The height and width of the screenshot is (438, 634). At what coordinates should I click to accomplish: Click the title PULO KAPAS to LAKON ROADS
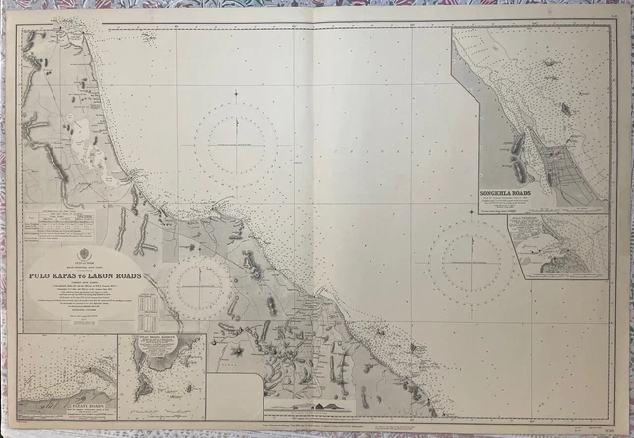pos(85,276)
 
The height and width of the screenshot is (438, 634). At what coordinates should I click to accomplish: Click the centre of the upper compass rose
pos(236,144)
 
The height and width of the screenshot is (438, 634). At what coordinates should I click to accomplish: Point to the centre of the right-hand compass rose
pos(472,262)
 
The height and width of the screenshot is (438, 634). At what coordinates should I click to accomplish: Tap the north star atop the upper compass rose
pos(236,93)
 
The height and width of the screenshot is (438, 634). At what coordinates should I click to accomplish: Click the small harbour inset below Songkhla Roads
pos(558,246)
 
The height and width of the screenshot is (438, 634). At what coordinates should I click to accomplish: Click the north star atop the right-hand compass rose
pos(472,211)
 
